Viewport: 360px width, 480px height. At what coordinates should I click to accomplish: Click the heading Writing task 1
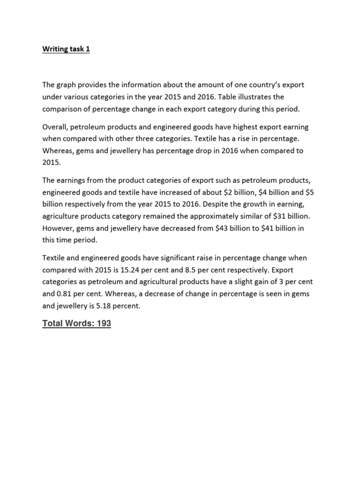[x=66, y=49]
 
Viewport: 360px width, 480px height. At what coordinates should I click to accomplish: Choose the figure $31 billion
[x=280, y=216]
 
